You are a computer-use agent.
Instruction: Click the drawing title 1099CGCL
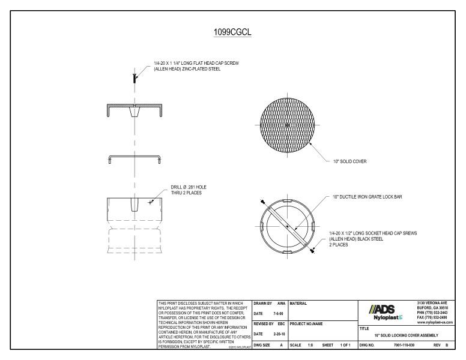pyautogui.click(x=232, y=32)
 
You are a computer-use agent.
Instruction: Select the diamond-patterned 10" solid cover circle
pyautogui.click(x=288, y=124)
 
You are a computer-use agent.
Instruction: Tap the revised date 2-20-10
pyautogui.click(x=276, y=334)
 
